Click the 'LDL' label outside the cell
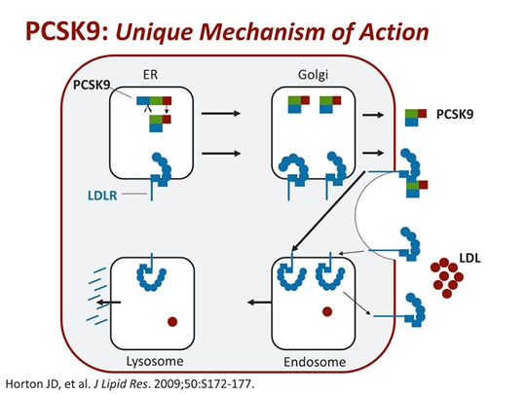[x=470, y=257]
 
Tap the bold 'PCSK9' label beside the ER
[x=93, y=86]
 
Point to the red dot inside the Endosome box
[x=328, y=312]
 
